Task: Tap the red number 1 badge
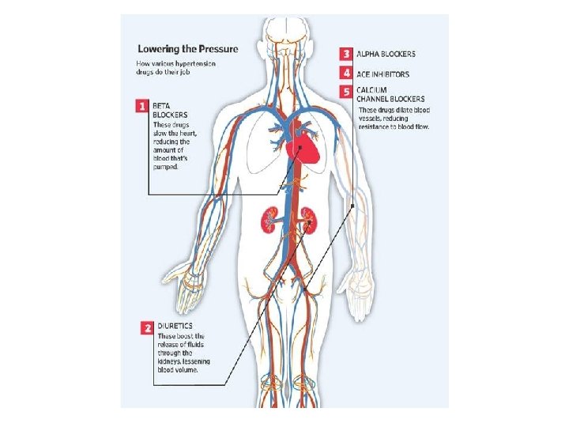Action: [142, 104]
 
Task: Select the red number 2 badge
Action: [146, 326]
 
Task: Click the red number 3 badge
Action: [346, 54]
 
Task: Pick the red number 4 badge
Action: [346, 73]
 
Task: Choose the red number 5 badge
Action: [346, 92]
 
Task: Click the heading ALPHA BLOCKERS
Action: [386, 54]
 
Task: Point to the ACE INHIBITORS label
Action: [383, 74]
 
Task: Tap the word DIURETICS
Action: [173, 326]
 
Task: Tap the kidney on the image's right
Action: [307, 221]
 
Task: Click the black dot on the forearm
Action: [352, 206]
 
